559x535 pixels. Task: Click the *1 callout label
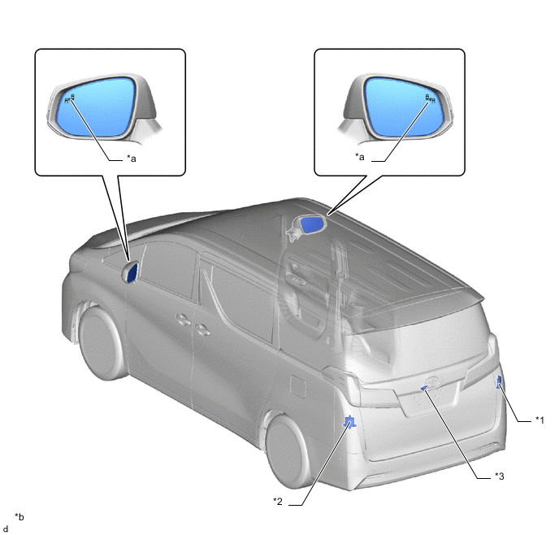pyautogui.click(x=539, y=420)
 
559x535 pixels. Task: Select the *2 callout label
pyautogui.click(x=278, y=501)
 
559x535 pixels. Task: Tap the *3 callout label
pyautogui.click(x=500, y=476)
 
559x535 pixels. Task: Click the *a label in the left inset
pyautogui.click(x=132, y=158)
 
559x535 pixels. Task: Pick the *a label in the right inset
pyautogui.click(x=360, y=157)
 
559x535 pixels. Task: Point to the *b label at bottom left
pyautogui.click(x=19, y=516)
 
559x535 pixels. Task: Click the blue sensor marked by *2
pyautogui.click(x=349, y=422)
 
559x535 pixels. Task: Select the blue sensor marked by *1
pyautogui.click(x=500, y=381)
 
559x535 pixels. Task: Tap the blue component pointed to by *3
pyautogui.click(x=424, y=388)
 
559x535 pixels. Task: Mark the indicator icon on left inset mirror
pyautogui.click(x=70, y=98)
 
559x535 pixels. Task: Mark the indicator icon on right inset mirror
pyautogui.click(x=431, y=98)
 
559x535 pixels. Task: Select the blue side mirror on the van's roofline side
pyautogui.click(x=312, y=224)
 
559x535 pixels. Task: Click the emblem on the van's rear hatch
pyautogui.click(x=432, y=381)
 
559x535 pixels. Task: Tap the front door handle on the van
pyautogui.click(x=184, y=320)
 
